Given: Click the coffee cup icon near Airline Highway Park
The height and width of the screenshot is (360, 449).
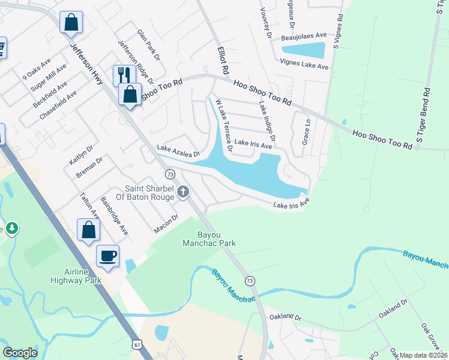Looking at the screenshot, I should pyautogui.click(x=107, y=256).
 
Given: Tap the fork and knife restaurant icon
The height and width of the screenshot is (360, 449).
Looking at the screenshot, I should pyautogui.click(x=124, y=75).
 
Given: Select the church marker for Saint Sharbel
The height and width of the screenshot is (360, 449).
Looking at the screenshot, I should pyautogui.click(x=184, y=192).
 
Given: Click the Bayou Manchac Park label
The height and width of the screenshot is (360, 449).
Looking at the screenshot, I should pyautogui.click(x=209, y=239).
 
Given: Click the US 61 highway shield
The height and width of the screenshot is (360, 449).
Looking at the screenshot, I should pyautogui.click(x=139, y=344).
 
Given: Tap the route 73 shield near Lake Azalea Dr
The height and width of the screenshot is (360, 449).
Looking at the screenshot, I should pyautogui.click(x=170, y=174).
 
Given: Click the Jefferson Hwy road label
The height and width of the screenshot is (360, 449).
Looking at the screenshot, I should pyautogui.click(x=86, y=62).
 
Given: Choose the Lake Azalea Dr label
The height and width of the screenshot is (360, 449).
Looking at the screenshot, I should pyautogui.click(x=178, y=151).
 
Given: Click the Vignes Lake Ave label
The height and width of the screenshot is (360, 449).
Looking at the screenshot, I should pyautogui.click(x=304, y=64).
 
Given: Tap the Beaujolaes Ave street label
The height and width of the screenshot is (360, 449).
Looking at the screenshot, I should pyautogui.click(x=305, y=37).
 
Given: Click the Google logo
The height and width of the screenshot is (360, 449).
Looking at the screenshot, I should pyautogui.click(x=20, y=353).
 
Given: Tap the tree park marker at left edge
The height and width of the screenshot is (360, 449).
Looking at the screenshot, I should pyautogui.click(x=12, y=228).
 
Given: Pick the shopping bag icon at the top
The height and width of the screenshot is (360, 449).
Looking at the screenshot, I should pyautogui.click(x=71, y=22).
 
